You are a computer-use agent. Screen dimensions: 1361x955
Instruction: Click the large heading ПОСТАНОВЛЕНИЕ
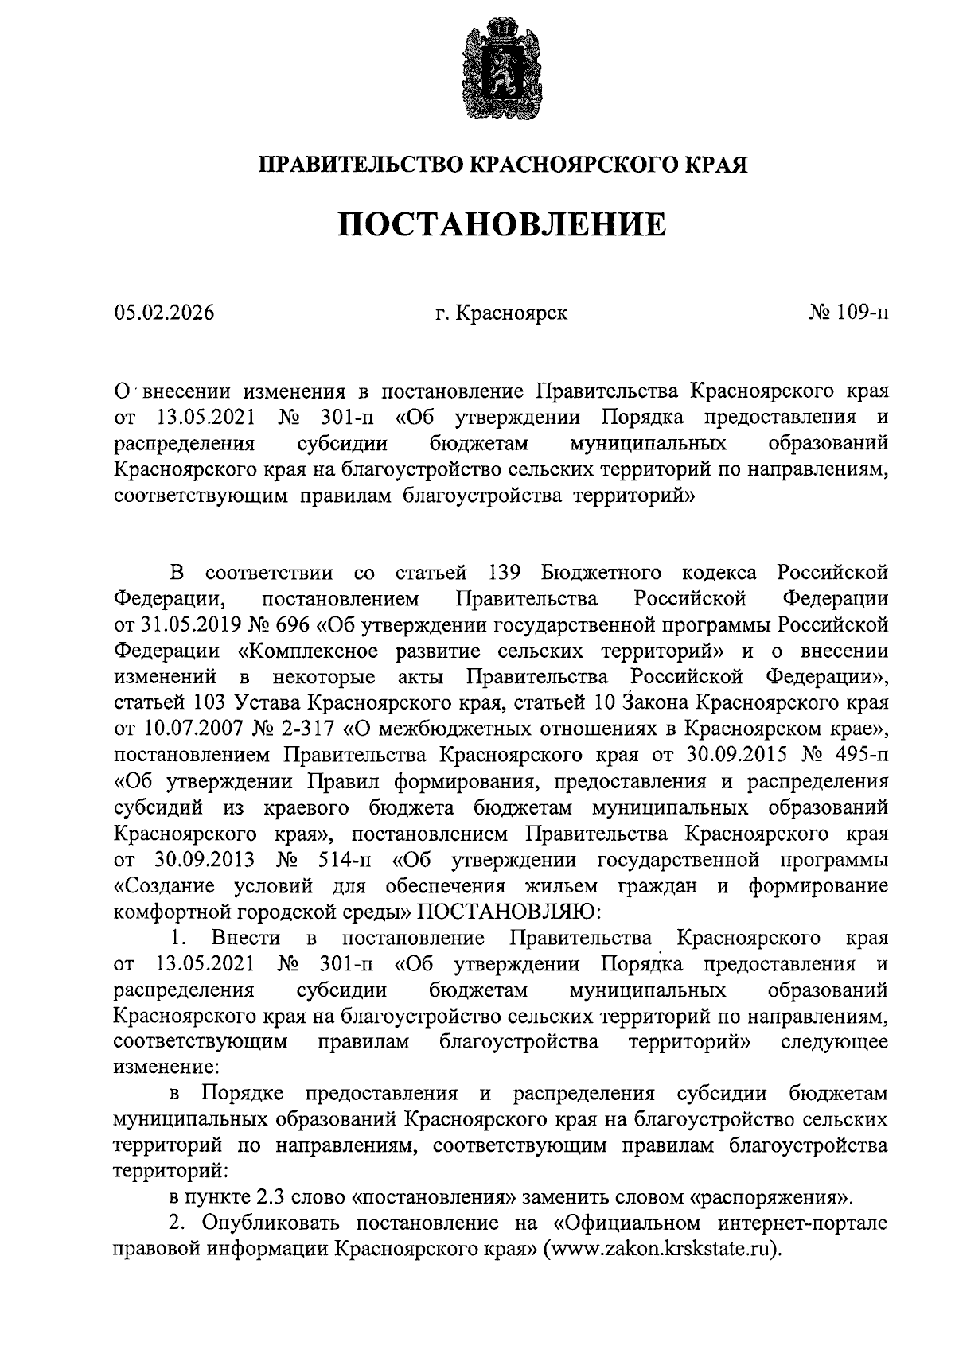[502, 225]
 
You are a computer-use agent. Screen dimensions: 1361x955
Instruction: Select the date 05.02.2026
[164, 313]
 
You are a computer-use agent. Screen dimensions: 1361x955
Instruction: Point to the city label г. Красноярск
[501, 313]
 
